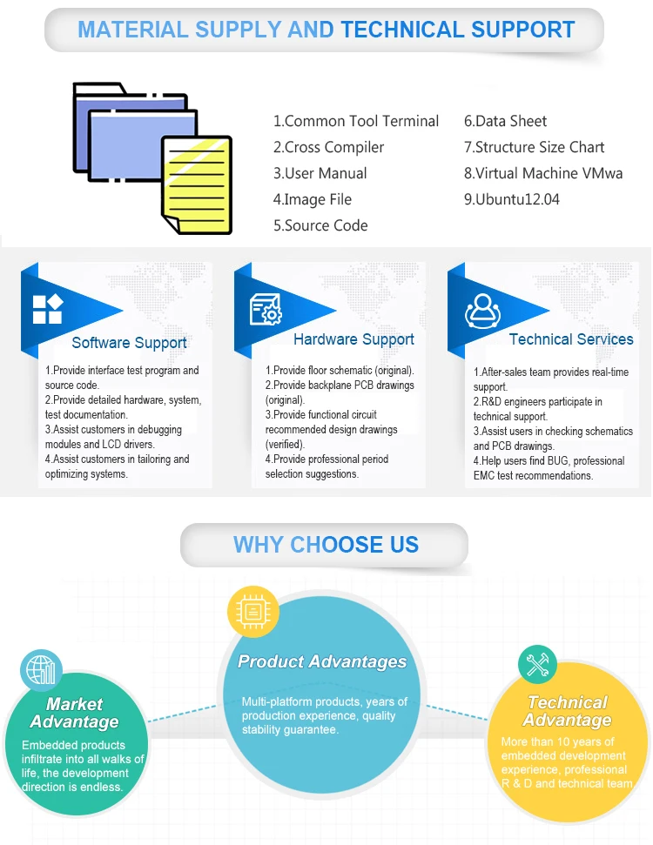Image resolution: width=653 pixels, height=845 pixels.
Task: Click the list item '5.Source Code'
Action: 320,225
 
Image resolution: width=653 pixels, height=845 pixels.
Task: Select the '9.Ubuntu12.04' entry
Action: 512,199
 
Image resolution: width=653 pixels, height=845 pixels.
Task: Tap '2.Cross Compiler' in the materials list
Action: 328,147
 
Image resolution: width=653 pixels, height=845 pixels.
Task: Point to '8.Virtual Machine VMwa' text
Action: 543,173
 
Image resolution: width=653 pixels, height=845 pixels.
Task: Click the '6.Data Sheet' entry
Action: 506,121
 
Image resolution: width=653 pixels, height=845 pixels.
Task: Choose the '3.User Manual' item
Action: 320,173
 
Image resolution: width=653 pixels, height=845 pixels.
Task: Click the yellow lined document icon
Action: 197,184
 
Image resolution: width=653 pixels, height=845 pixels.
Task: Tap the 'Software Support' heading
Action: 129,343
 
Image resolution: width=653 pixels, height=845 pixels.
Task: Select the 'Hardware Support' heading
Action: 353,339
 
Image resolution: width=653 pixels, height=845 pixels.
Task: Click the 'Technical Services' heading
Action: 571,339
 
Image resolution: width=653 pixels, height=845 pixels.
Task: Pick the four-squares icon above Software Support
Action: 47,309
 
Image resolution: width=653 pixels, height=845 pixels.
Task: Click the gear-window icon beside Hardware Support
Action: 265,309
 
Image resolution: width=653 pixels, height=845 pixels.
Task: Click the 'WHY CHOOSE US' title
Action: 326,546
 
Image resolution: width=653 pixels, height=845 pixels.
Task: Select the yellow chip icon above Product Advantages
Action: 253,611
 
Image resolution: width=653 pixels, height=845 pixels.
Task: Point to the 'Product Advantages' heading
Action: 322,661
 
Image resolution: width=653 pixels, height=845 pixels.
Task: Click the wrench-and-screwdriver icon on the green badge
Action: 537,666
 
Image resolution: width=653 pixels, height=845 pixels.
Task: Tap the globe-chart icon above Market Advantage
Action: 41,671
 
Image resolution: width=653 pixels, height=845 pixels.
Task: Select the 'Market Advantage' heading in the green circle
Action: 75,713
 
